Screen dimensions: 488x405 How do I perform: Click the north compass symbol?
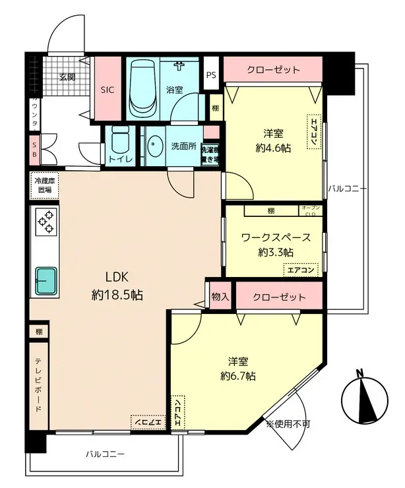pos(362,399)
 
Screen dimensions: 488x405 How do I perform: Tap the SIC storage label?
pos(108,91)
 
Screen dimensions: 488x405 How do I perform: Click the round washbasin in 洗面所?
pos(155,146)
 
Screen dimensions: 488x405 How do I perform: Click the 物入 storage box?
pos(220,297)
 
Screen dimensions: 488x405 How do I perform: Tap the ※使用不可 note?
pos(288,423)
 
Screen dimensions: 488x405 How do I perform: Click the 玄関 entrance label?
pos(67,76)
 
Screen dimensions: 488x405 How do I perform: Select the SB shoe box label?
pos(34,150)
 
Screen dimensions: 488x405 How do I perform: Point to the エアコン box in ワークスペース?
pos(300,269)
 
